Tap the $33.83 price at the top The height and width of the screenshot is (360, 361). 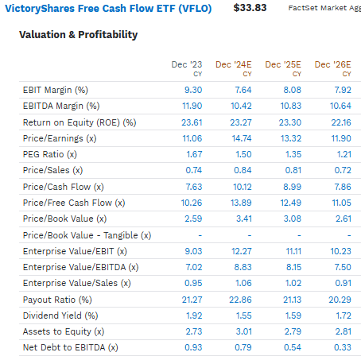(x=250, y=8)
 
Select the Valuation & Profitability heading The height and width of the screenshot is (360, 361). (x=78, y=35)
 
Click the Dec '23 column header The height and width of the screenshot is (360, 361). (x=188, y=64)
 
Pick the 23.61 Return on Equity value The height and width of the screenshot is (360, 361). (x=192, y=122)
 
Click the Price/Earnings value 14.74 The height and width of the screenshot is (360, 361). (x=239, y=137)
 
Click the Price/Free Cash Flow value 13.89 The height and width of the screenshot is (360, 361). (x=239, y=203)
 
